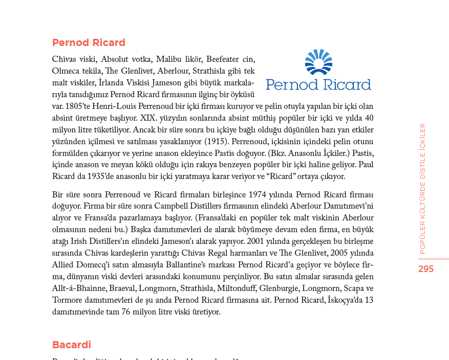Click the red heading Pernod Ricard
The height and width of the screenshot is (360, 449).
click(89, 42)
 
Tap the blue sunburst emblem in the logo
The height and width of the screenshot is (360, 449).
click(318, 62)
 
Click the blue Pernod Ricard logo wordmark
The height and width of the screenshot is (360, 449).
click(318, 84)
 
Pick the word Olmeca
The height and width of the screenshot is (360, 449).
click(66, 71)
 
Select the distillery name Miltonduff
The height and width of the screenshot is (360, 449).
click(236, 288)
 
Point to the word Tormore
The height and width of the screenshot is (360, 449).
click(67, 300)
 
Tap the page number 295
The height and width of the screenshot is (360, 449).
click(426, 269)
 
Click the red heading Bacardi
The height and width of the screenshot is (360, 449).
click(72, 345)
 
